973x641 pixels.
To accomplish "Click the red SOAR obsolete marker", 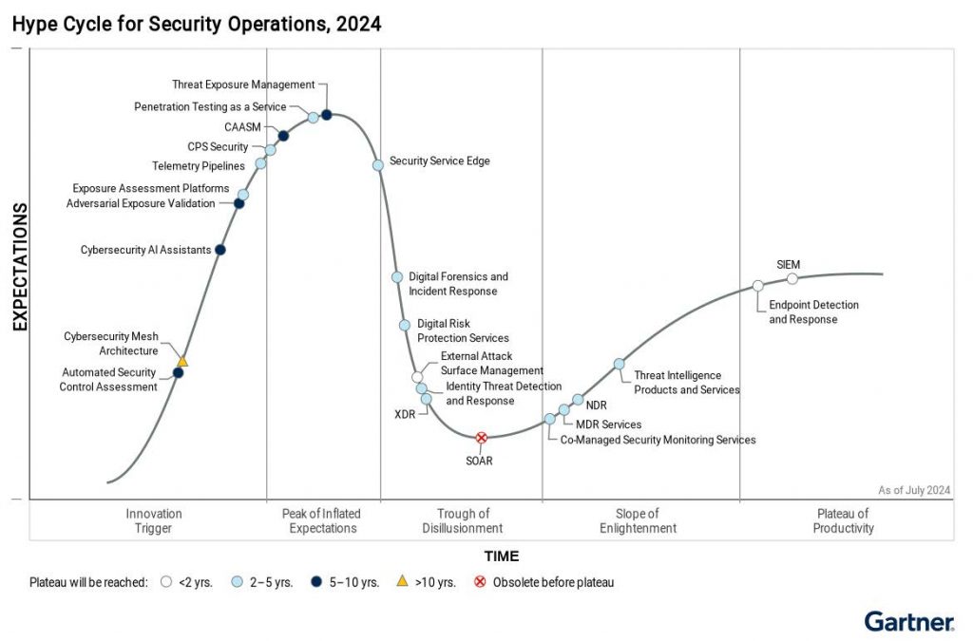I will [481, 438].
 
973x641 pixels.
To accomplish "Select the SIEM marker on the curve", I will [792, 278].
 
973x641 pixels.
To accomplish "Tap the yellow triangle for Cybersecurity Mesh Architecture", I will [182, 361].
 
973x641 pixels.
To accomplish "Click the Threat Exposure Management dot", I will [327, 115].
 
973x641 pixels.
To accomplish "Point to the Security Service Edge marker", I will [377, 164].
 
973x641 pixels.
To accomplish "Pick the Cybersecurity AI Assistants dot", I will [220, 250].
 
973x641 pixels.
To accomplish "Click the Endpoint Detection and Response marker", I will [757, 286].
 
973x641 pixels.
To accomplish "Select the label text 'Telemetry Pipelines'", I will [199, 166].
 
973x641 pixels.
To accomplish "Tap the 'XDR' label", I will [405, 415].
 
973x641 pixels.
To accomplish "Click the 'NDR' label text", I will [597, 405].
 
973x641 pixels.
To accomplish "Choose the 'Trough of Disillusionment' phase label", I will [463, 521].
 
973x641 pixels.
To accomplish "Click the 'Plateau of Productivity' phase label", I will [843, 521].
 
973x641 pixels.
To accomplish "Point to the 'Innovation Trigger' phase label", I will [154, 521].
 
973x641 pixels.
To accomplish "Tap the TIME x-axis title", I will [502, 556].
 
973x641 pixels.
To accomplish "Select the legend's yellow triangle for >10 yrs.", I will [402, 581].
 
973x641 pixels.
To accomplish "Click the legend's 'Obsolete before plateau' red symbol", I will [479, 582].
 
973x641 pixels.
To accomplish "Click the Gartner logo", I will [908, 622].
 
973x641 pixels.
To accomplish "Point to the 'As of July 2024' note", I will [914, 490].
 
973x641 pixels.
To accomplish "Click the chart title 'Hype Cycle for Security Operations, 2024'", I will [197, 25].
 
